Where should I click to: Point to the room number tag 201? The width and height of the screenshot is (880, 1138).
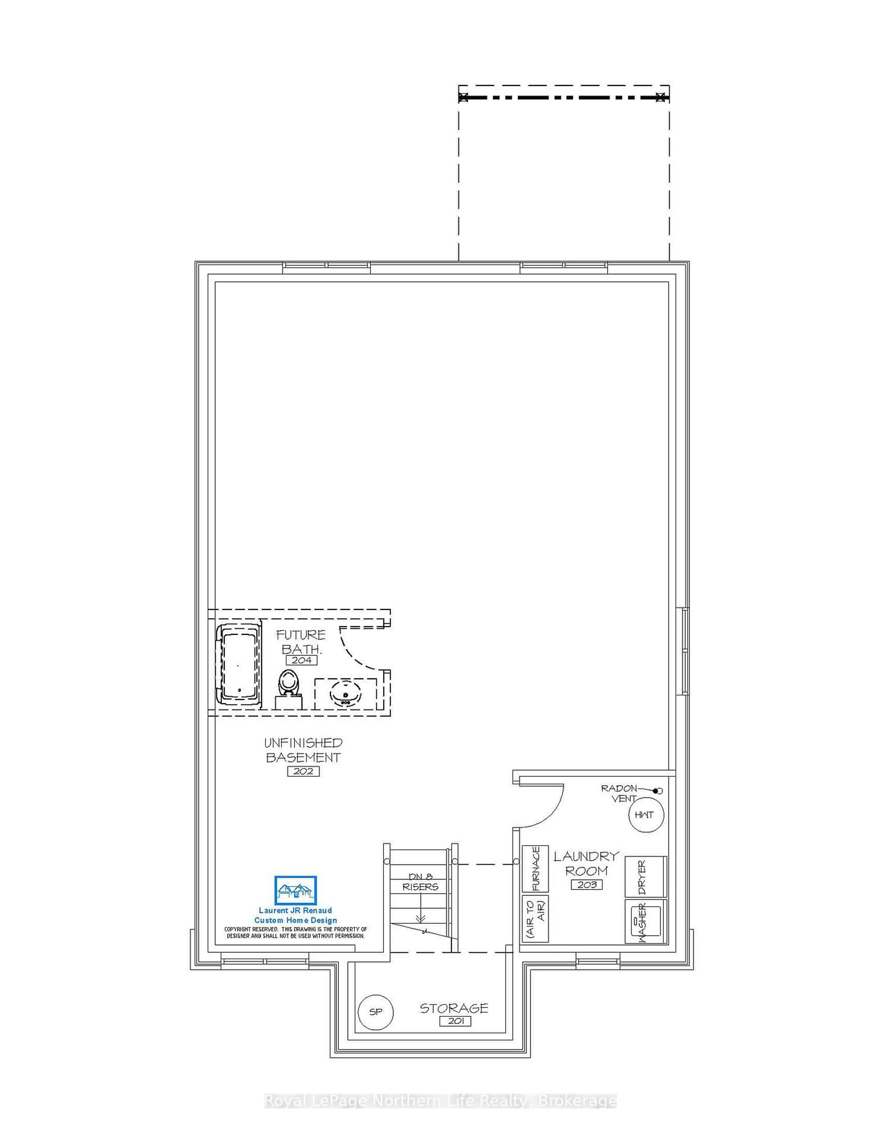455,1021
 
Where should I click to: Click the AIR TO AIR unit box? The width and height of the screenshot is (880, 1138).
535,918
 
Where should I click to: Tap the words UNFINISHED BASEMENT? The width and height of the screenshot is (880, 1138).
303,750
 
